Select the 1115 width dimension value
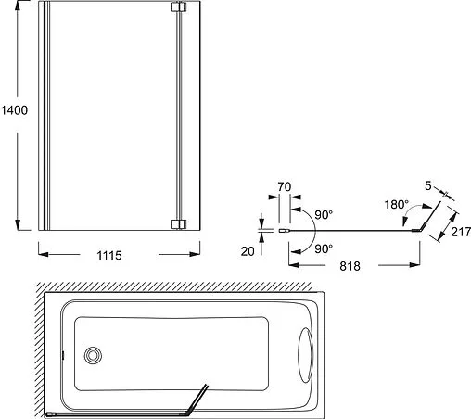click(x=108, y=253)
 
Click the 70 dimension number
click(x=285, y=187)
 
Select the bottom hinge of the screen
click(x=179, y=222)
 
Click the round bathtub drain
click(x=93, y=354)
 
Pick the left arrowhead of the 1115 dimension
click(x=42, y=253)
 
